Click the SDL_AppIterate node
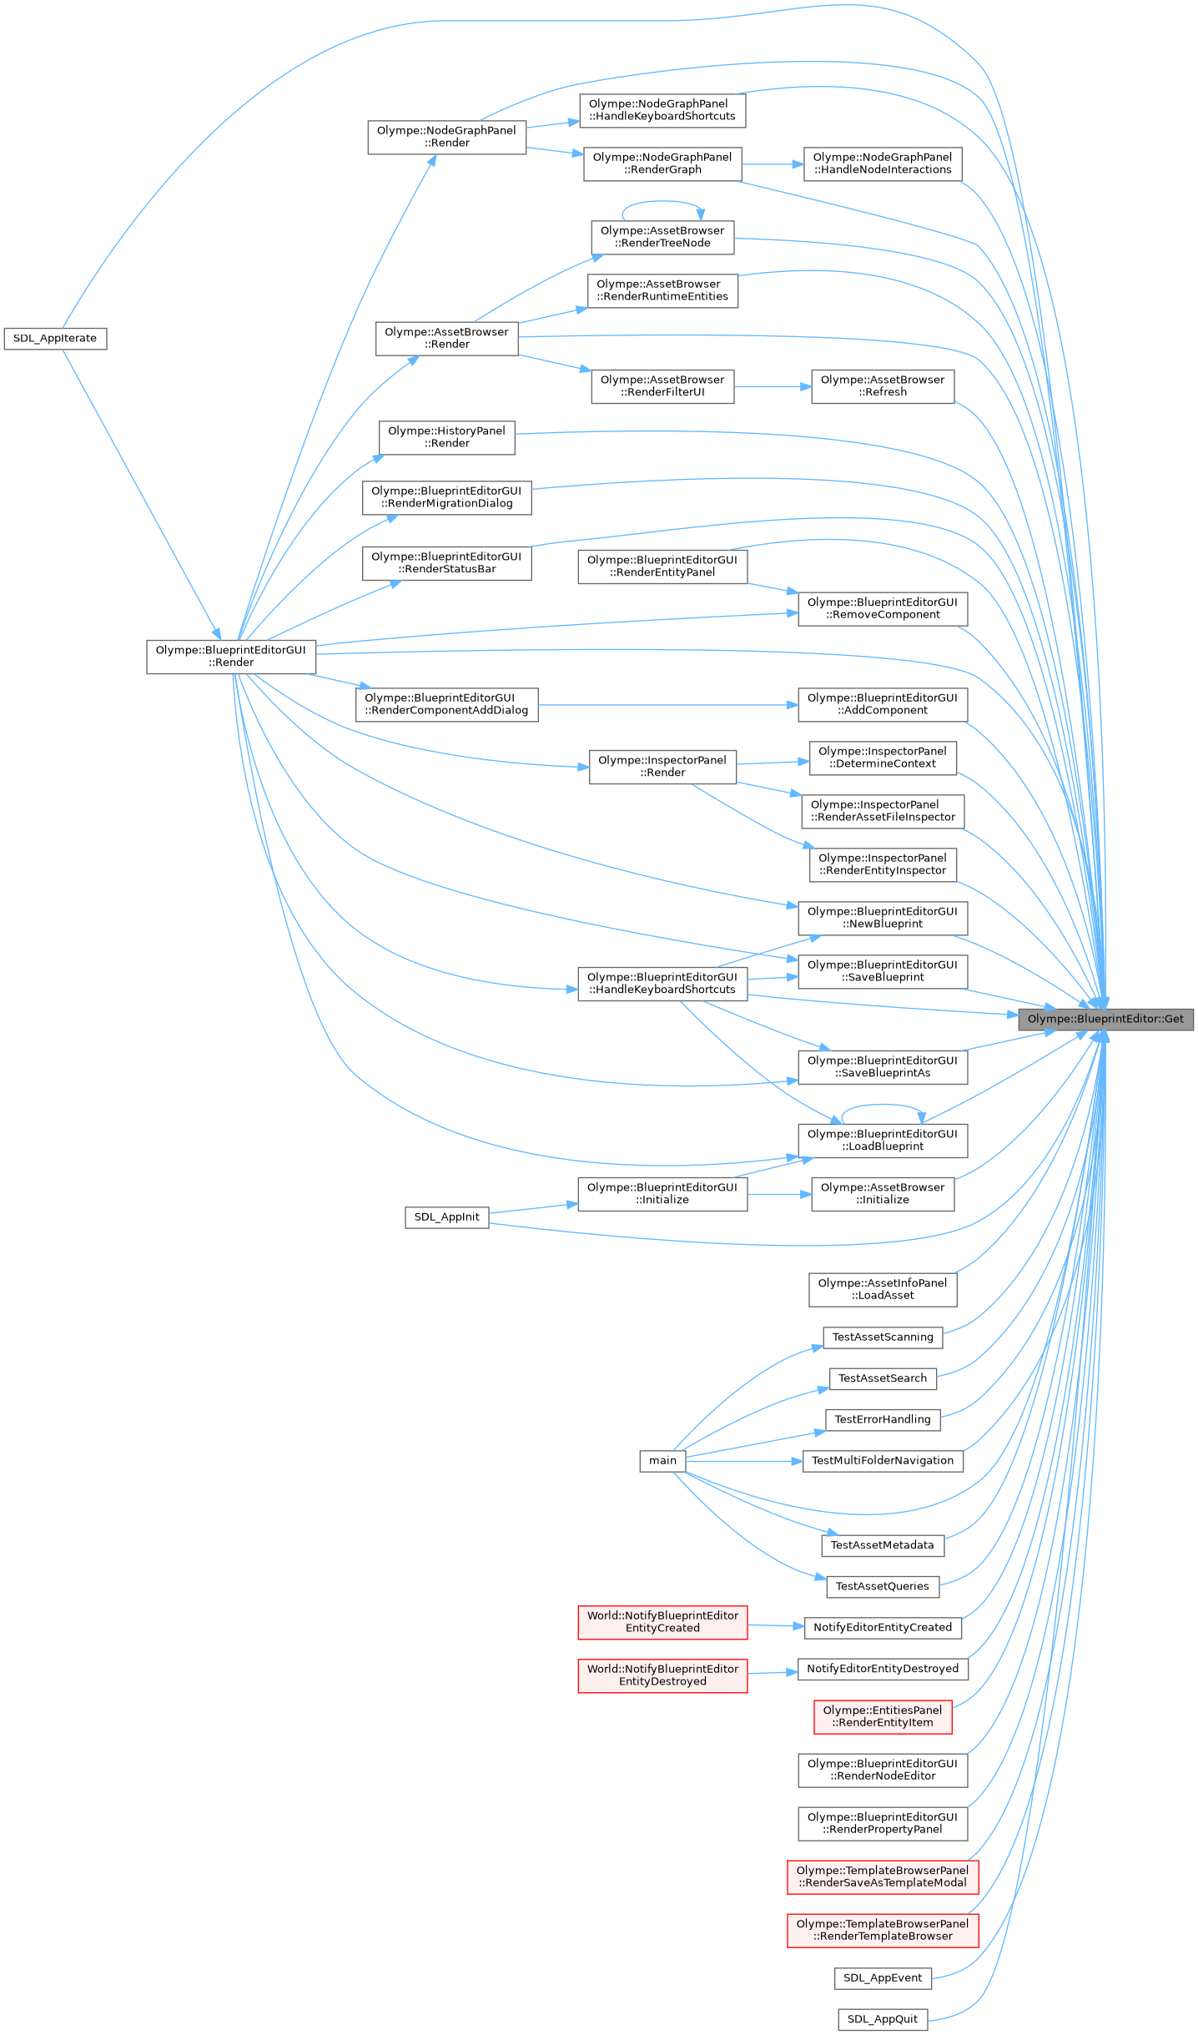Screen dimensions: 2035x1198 (x=55, y=339)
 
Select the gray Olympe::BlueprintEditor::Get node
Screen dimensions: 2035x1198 (x=1105, y=1019)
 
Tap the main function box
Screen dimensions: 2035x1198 (x=662, y=1460)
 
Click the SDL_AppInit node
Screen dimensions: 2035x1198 (x=446, y=1216)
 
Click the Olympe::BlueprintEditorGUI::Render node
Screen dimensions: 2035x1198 (x=231, y=656)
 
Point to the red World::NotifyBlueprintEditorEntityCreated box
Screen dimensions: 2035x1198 (x=662, y=1622)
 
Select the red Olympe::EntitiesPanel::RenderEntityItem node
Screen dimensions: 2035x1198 (x=882, y=1716)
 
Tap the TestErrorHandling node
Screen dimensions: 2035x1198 (x=882, y=1419)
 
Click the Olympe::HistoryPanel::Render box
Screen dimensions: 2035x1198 (x=446, y=437)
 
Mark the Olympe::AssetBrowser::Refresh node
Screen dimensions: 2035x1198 (x=882, y=386)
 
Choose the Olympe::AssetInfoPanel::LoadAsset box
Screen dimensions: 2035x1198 (x=882, y=1289)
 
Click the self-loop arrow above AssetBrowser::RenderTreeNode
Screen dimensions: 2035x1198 (x=662, y=202)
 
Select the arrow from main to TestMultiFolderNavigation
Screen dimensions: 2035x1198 (x=742, y=1461)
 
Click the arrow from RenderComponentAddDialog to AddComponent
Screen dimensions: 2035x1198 (x=667, y=705)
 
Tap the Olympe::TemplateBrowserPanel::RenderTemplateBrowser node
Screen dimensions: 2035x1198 (x=882, y=1930)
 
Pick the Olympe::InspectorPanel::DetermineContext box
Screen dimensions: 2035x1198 (x=882, y=758)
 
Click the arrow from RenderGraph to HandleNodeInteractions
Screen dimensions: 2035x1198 (x=772, y=164)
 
